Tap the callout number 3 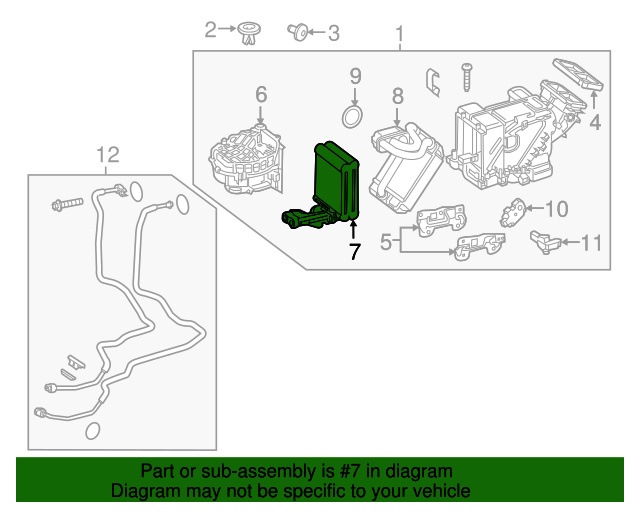click(x=333, y=34)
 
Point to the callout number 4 click(x=595, y=124)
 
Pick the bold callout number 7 click(x=354, y=252)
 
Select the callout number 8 click(x=397, y=96)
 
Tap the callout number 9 click(x=354, y=75)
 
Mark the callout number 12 click(x=108, y=154)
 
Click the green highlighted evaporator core click(x=338, y=175)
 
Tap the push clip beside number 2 click(x=248, y=35)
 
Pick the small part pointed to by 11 click(x=542, y=241)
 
